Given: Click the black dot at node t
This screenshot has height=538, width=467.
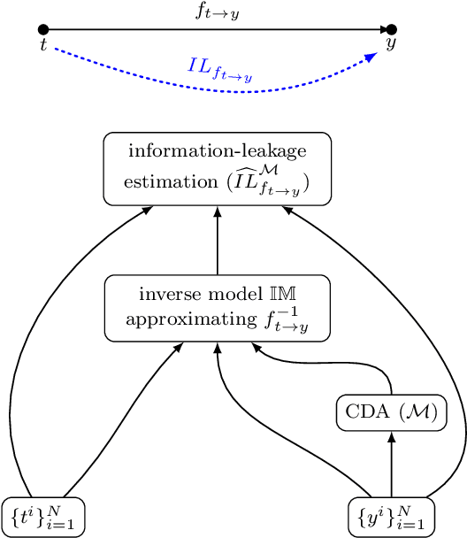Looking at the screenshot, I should pyautogui.click(x=43, y=30).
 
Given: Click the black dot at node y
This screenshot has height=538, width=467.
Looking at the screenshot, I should pyautogui.click(x=392, y=30).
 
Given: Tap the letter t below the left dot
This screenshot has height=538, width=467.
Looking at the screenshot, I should pyautogui.click(x=42, y=45).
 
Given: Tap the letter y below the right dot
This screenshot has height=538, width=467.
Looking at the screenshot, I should pyautogui.click(x=390, y=44).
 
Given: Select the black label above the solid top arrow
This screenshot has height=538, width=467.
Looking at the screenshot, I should pyautogui.click(x=217, y=13).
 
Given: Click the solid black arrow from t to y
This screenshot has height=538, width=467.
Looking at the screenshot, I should pyautogui.click(x=218, y=30).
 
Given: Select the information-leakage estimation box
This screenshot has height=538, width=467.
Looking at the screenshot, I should pyautogui.click(x=217, y=169).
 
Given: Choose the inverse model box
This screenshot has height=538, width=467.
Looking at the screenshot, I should pyautogui.click(x=217, y=308).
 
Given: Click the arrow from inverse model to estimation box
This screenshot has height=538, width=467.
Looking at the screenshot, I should pyautogui.click(x=217, y=241).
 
